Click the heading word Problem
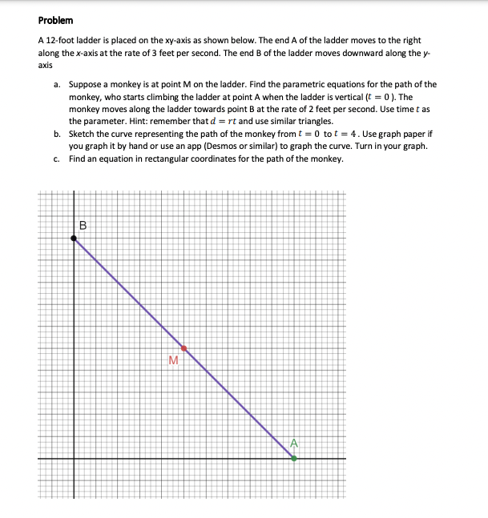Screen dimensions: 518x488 [x=55, y=20]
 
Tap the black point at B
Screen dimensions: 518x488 [x=74, y=237]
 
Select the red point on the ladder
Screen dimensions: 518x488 [x=184, y=348]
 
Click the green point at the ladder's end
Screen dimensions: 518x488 [x=294, y=458]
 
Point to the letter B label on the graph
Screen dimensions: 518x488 [x=83, y=225]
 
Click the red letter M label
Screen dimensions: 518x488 [x=173, y=360]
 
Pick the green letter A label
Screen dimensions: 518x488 [x=294, y=443]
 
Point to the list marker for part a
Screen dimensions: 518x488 [x=57, y=84]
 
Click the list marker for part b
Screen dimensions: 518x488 [x=57, y=135]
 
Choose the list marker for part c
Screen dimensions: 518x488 [x=57, y=159]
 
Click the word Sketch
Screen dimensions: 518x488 [x=83, y=135]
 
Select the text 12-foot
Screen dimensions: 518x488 [x=60, y=40]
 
